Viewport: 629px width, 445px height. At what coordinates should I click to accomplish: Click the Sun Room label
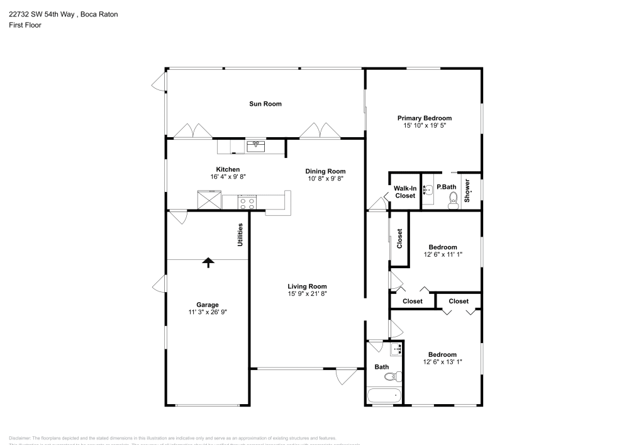tap(265, 104)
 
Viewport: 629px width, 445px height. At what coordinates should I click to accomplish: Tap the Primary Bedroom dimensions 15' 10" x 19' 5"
tap(425, 126)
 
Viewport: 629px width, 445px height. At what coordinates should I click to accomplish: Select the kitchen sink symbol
tap(255, 146)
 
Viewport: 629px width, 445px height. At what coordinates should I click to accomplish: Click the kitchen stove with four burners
tap(247, 202)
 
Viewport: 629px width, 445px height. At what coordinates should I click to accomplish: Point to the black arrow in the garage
tap(208, 262)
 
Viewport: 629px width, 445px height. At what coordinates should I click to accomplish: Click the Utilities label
tap(240, 234)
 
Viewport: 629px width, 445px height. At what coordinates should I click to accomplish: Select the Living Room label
tap(307, 286)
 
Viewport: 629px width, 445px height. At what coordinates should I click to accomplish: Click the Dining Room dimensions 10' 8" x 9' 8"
tap(325, 179)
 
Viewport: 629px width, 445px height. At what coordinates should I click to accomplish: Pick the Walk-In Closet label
tap(405, 191)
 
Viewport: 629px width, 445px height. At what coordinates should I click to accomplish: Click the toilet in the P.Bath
tap(452, 201)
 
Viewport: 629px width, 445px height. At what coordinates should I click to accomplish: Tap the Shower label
tap(467, 191)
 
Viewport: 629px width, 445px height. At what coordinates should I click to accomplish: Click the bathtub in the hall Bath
tap(384, 397)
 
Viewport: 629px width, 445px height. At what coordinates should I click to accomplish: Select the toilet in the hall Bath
tap(392, 377)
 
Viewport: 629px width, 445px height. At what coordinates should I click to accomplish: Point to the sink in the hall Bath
tap(396, 349)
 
